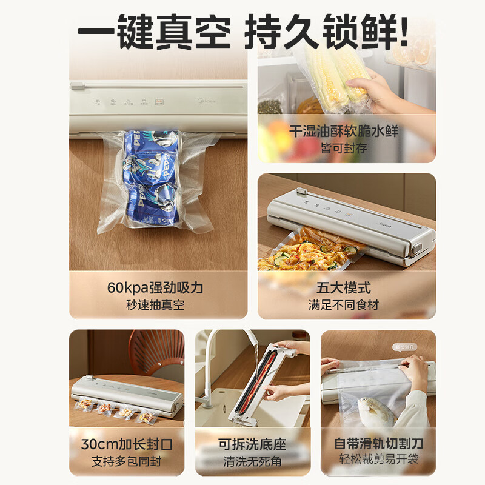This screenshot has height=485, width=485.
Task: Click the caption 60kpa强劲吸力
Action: pos(158,287)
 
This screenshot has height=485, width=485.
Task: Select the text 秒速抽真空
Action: pos(158,305)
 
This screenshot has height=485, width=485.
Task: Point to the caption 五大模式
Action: pos(347,287)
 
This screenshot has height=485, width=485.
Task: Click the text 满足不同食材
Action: pos(347,305)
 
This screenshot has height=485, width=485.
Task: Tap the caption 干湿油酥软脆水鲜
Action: pos(347,130)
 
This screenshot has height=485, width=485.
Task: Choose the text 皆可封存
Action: pos(347,147)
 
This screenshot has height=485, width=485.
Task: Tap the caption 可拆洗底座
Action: pos(252,444)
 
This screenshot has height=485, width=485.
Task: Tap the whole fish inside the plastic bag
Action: pos(373,412)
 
